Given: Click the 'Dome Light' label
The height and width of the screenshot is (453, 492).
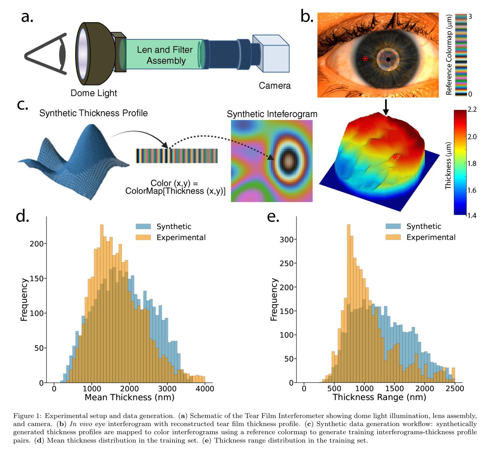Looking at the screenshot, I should pos(93,93).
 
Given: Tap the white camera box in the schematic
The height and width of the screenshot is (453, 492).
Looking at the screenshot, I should pos(272,55).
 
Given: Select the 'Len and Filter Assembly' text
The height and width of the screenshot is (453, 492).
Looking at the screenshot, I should pos(165,55).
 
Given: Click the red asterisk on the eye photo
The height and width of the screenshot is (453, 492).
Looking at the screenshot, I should pos(365,59).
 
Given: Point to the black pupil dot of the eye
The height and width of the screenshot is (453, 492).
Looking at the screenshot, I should pos(388,59).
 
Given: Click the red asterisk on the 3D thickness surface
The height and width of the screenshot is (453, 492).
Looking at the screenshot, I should pos(395,158).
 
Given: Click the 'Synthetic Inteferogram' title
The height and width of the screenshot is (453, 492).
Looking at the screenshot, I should pos(272,114).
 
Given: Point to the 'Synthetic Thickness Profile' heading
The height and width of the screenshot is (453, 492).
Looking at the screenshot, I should pos(93,113).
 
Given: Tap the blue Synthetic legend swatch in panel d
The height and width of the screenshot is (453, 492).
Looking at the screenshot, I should pos(143,226).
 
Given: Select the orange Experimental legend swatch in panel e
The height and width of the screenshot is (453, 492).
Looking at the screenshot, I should pos(393,237).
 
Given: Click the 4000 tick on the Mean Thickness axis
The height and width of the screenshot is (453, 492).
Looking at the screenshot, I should pos(205,388).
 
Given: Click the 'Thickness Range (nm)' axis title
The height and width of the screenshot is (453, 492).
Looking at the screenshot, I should pos(379,397).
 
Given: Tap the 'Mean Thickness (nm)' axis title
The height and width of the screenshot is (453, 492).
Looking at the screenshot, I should pos(129,397).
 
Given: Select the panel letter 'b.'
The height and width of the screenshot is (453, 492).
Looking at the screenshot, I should pos(307,17).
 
